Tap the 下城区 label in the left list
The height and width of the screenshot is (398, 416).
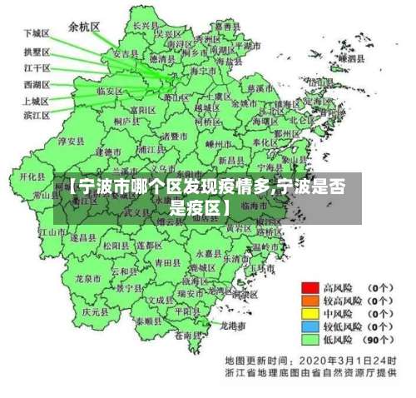(x=36, y=33)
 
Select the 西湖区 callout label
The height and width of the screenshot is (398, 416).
(x=36, y=84)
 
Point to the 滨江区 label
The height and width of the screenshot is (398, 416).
(x=36, y=114)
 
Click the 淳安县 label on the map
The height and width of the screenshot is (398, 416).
(x=76, y=142)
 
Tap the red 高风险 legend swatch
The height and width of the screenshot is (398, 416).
(x=311, y=286)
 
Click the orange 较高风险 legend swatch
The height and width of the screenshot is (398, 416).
(x=311, y=300)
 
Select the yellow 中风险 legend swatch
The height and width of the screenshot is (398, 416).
(x=311, y=313)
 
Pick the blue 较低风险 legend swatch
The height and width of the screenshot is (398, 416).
(x=311, y=326)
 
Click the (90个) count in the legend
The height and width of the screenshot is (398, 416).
(x=379, y=340)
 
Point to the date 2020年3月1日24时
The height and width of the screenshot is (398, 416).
(x=350, y=360)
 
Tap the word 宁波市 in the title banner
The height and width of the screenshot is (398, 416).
(x=103, y=188)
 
